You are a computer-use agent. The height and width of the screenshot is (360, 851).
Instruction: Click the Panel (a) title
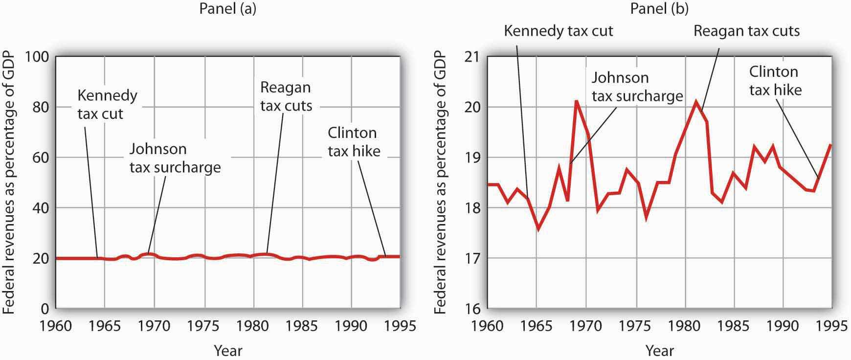227,9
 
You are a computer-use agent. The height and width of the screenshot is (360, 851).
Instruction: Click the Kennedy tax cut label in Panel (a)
107,104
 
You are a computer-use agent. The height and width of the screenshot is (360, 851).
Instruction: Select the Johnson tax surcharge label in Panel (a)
175,158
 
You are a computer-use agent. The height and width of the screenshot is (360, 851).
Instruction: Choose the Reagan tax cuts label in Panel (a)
286,96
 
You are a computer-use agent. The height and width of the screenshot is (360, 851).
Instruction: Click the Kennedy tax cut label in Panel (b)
558,31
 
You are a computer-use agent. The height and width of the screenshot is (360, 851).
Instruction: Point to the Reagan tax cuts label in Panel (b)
746,31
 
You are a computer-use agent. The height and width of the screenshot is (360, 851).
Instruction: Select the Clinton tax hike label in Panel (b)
775,81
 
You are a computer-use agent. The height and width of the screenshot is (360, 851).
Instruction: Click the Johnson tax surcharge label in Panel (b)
637,87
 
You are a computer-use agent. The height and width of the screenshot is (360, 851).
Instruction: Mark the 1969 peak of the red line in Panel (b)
577,101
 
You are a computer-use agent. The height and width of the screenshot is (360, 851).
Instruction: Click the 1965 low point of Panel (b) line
538,228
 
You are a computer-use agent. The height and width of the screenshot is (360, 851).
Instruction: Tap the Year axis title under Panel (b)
659,351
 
